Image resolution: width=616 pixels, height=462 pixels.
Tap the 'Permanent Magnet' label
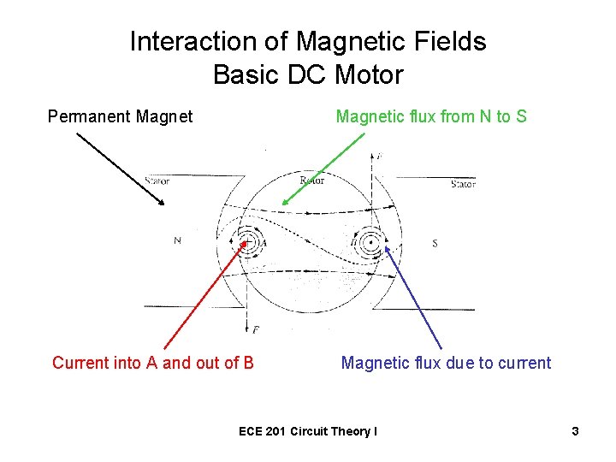(120, 116)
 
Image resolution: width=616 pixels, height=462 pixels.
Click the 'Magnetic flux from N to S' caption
(431, 116)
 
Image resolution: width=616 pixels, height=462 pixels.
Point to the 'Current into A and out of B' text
(153, 363)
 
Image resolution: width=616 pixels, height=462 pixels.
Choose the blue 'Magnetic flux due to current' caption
(446, 363)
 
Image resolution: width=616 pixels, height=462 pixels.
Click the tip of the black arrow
(163, 205)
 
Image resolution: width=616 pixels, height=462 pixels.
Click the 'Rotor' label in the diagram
(312, 181)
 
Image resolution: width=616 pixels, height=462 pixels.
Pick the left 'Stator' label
(157, 181)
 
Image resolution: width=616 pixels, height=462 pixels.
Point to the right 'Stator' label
(463, 183)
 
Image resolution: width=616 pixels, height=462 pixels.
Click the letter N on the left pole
(177, 241)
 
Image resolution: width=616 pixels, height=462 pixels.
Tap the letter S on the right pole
(435, 244)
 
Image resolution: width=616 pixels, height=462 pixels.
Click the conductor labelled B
(370, 242)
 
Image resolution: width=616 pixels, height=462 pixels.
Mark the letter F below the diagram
(256, 329)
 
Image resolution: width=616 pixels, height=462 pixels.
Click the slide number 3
(576, 431)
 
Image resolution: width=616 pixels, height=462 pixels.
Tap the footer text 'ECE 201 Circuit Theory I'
(307, 431)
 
